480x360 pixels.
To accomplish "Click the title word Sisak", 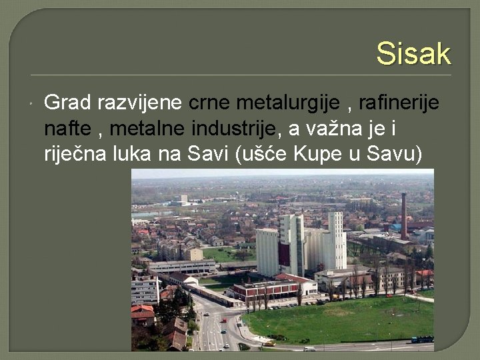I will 413,53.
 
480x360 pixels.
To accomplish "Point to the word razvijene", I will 141,103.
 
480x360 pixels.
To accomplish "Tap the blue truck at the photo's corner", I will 421,339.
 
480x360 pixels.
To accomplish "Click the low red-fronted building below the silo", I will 263,289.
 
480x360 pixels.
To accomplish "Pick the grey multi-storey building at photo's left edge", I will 145,290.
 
